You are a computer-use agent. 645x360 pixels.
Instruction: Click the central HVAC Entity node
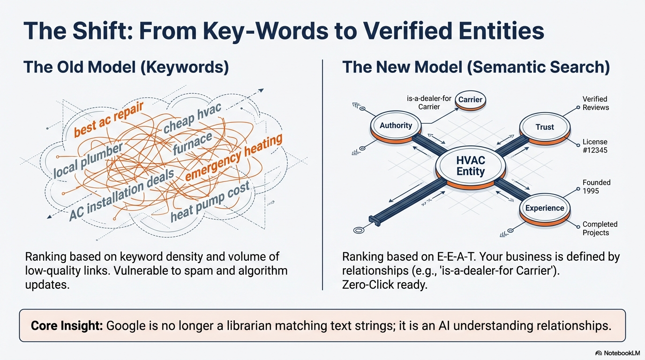(471, 166)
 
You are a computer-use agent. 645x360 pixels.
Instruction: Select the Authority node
(396, 126)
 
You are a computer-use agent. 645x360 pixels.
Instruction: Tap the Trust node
(544, 127)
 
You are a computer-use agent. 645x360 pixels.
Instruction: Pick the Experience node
(544, 208)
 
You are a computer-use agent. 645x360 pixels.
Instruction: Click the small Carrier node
(470, 100)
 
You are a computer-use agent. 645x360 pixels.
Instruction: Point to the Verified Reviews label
(595, 103)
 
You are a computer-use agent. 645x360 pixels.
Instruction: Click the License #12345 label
(595, 146)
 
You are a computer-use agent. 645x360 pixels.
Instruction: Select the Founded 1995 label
(596, 187)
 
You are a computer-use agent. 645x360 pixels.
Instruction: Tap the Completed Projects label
(600, 228)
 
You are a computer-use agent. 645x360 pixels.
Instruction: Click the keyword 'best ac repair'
(109, 118)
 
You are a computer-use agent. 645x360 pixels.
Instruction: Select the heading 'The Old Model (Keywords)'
(126, 67)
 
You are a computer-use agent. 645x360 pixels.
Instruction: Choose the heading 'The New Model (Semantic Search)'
(476, 67)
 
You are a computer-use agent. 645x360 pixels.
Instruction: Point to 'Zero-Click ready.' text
(385, 285)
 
